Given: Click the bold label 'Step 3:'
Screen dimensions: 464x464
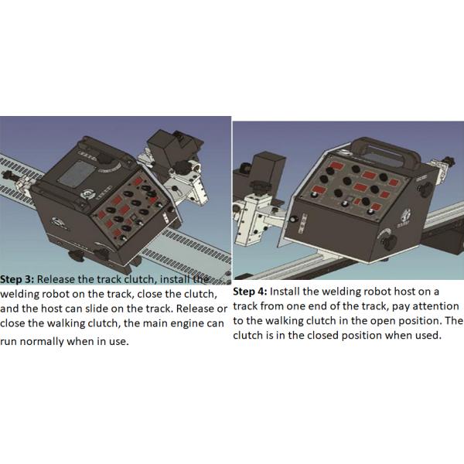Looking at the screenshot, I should click(18, 279).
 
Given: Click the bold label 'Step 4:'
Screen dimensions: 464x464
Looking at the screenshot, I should click(252, 292).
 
